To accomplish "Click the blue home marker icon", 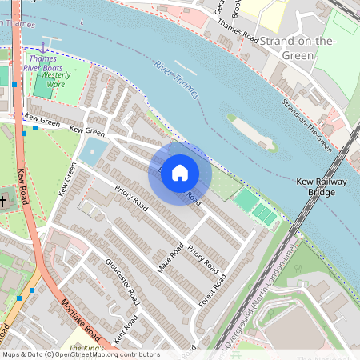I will [x=180, y=173].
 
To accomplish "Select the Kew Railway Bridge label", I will [x=322, y=187].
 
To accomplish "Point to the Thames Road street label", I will [x=238, y=36].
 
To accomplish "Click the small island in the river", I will [x=251, y=132].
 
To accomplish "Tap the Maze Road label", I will [x=171, y=257].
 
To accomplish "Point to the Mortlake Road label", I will [x=80, y=318].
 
